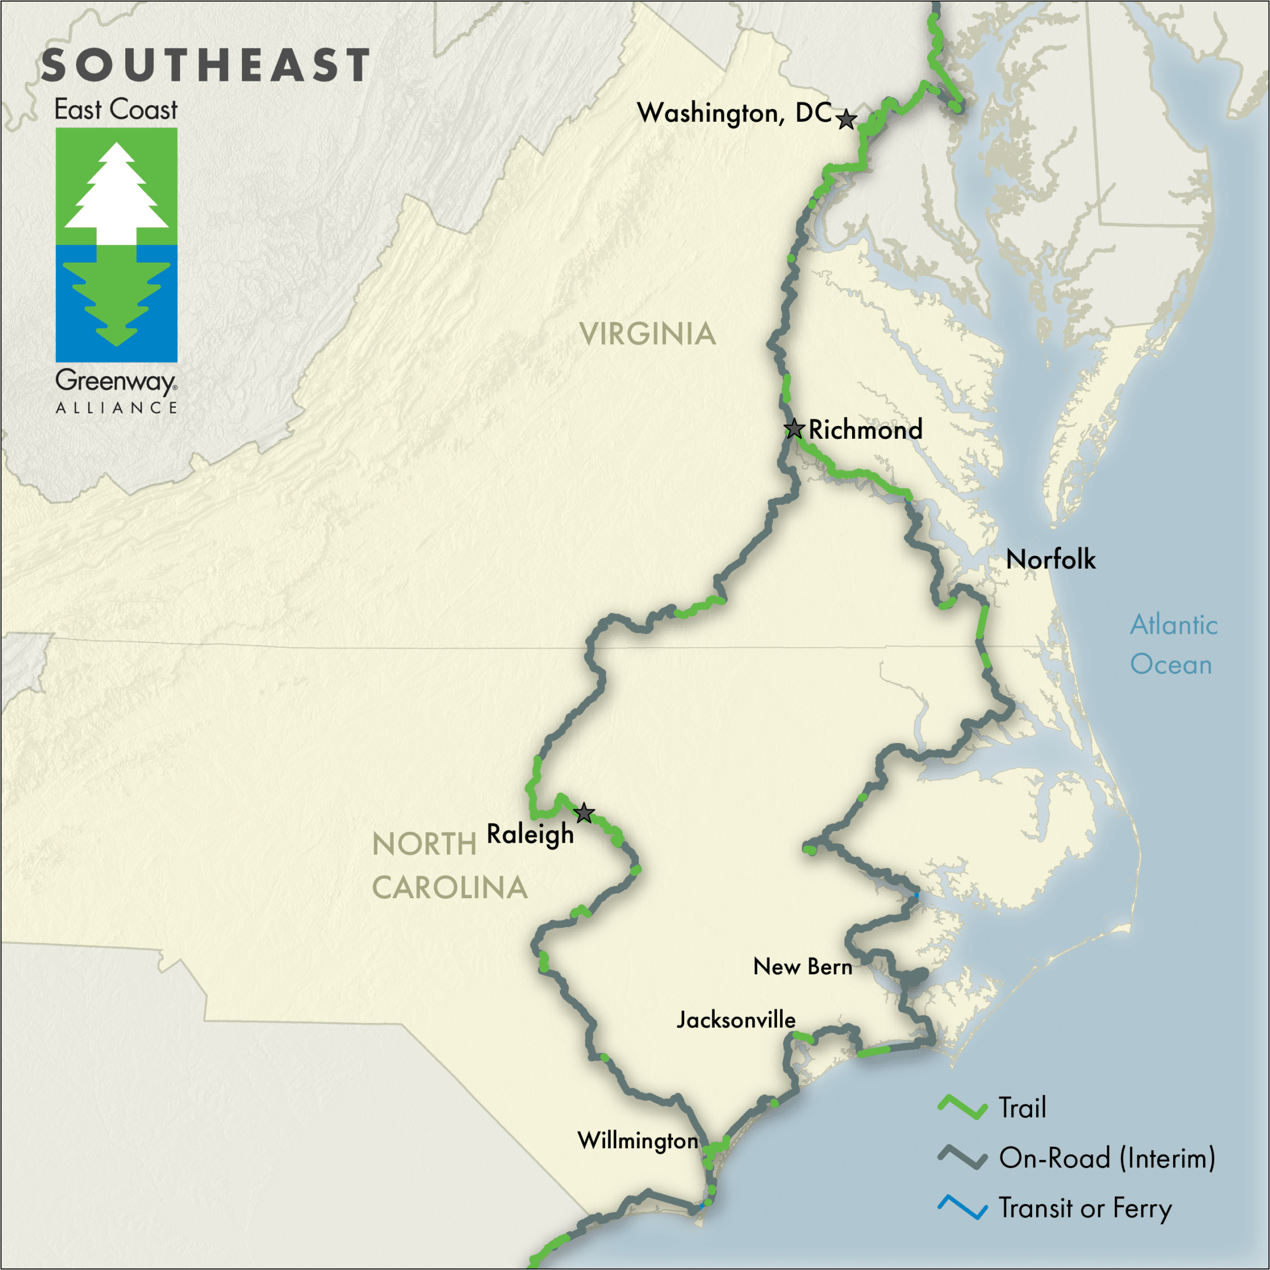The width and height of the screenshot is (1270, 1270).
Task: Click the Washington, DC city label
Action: (734, 113)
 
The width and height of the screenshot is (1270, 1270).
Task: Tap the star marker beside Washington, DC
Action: (846, 120)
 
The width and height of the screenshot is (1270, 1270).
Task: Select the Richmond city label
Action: (865, 430)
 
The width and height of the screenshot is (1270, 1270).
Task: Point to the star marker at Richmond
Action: (794, 429)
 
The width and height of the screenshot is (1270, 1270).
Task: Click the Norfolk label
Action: (1051, 559)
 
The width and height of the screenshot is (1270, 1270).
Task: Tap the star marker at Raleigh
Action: (584, 814)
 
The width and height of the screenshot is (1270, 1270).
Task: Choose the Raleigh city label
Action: (530, 834)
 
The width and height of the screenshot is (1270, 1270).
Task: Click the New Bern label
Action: (802, 966)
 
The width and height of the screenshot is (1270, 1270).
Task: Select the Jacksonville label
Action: (735, 1019)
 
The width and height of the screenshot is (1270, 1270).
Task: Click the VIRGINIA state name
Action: (648, 334)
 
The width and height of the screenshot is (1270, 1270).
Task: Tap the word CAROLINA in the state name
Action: (450, 887)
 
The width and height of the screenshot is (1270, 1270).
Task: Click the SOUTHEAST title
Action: (206, 66)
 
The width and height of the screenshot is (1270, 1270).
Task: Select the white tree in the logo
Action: (117, 194)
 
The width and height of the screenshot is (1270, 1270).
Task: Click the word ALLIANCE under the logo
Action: (117, 408)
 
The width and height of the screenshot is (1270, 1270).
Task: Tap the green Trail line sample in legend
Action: (962, 1108)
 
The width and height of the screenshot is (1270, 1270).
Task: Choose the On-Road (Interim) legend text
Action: (1107, 1157)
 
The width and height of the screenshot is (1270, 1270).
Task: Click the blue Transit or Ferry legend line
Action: (962, 1208)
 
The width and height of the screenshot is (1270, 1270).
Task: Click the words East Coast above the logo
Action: (115, 110)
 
